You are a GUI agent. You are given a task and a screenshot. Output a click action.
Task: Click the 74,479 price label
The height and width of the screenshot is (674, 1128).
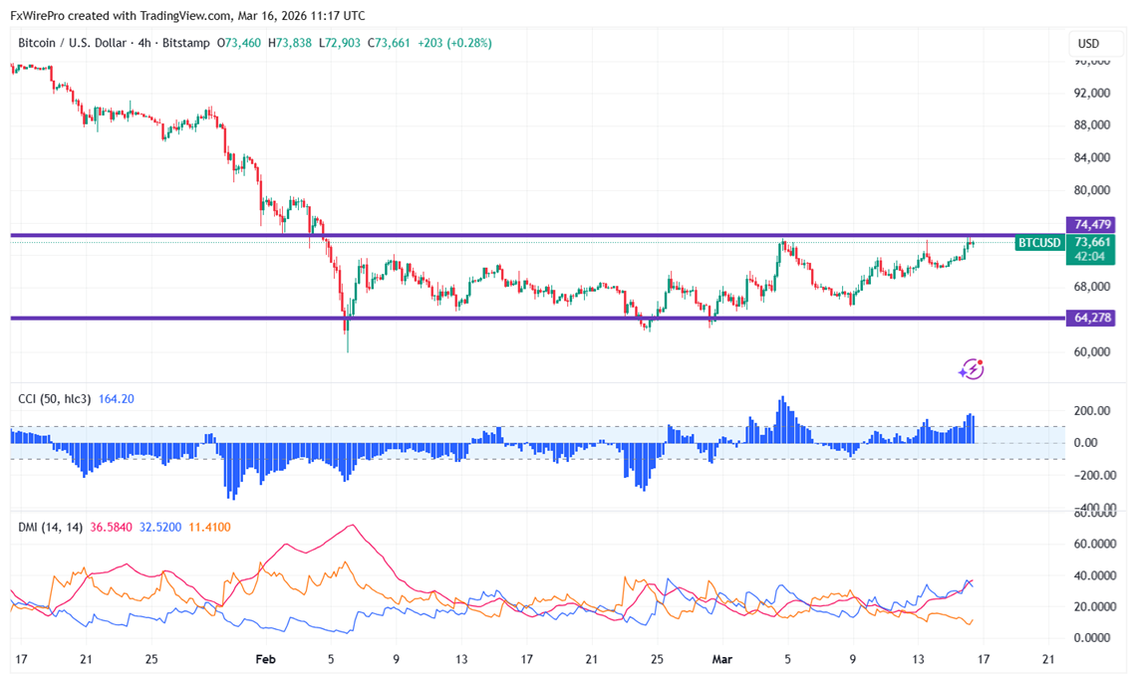(1093, 224)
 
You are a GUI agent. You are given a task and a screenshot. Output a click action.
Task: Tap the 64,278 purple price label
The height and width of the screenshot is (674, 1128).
(1093, 318)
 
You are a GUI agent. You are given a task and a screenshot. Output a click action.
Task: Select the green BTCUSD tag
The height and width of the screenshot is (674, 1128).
(1038, 243)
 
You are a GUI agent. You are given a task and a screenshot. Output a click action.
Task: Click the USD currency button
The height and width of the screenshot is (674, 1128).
(1088, 44)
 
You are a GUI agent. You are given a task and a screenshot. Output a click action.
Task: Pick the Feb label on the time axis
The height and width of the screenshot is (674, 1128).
(264, 659)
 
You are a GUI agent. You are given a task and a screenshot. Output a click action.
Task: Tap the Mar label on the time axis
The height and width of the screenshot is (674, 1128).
(722, 659)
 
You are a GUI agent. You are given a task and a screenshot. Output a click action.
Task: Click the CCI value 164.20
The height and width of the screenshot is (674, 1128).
(116, 399)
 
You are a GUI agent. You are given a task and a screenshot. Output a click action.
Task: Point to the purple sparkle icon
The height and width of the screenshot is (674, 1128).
(971, 369)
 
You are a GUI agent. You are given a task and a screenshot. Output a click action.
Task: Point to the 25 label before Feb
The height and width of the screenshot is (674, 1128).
(151, 659)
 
